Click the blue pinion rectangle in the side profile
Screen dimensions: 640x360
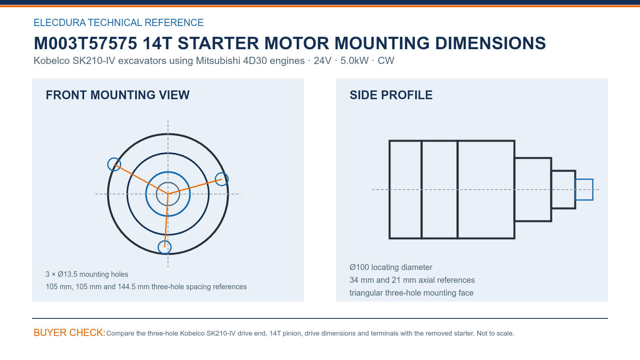pos(584,180)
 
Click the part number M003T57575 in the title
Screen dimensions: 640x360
pos(86,43)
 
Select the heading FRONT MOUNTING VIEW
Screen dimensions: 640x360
pos(118,95)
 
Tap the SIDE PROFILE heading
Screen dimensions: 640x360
pos(391,95)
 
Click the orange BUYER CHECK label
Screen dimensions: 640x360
pos(70,332)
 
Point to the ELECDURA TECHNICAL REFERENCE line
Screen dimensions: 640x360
pos(118,22)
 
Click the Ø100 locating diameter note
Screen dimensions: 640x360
pos(391,267)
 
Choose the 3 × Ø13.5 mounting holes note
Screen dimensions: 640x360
pos(87,274)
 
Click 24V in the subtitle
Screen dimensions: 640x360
pos(322,60)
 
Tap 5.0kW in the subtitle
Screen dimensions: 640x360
pos(354,60)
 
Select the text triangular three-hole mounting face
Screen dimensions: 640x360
pos(412,293)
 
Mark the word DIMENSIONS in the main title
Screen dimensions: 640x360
pos(490,43)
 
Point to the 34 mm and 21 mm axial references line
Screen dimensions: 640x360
pos(412,280)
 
